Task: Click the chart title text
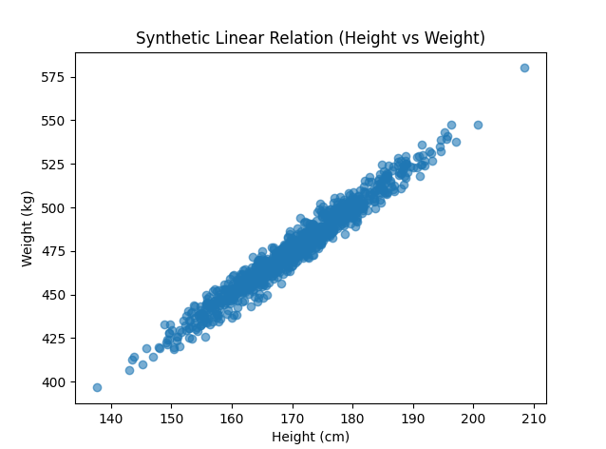(x=311, y=38)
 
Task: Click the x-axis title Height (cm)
(x=311, y=437)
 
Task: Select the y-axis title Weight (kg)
(x=28, y=228)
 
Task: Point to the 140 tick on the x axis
(x=111, y=419)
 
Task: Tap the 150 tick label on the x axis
(x=171, y=419)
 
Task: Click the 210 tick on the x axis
(x=533, y=419)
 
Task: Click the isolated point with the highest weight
(x=524, y=68)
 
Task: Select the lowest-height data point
(x=97, y=387)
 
